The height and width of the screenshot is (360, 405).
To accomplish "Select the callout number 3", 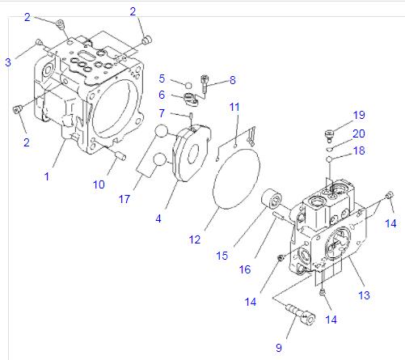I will point(7,61).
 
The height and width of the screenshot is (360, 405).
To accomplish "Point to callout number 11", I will point(234,107).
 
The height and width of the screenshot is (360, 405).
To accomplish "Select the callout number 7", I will point(162,112).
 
